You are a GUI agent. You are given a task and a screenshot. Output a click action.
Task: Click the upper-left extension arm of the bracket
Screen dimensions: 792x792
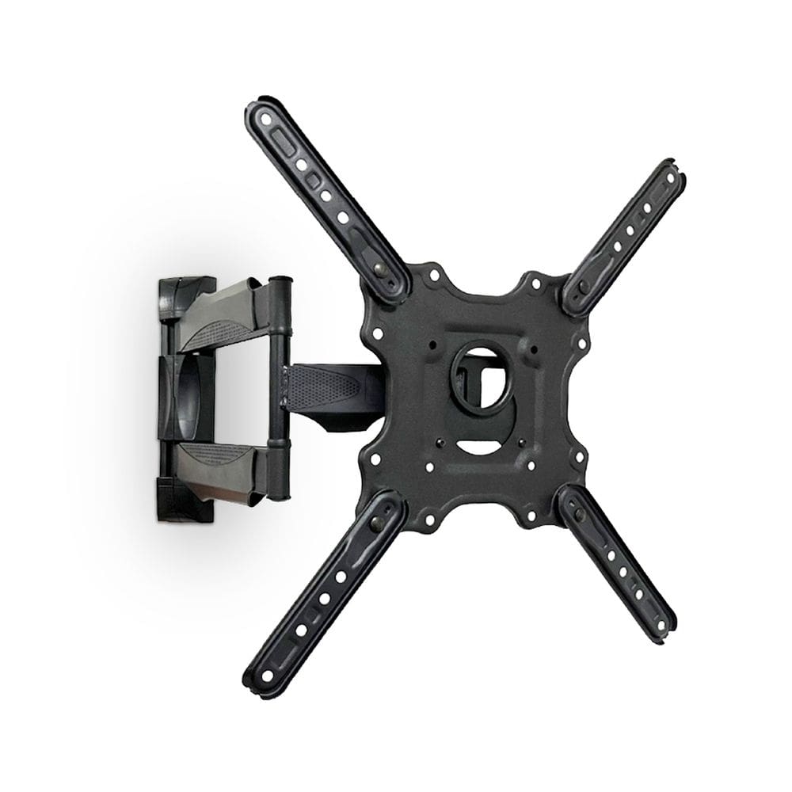(325, 198)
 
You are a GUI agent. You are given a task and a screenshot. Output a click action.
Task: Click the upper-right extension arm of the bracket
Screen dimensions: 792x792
(626, 234)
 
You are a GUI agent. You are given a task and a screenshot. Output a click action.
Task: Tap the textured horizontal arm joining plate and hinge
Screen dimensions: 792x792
(325, 388)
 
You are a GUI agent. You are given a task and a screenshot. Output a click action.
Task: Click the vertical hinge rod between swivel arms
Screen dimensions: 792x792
(277, 388)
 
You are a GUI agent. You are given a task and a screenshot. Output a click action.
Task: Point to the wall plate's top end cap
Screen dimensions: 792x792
(186, 289)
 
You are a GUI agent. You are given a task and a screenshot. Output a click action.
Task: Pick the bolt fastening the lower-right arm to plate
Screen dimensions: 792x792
(581, 512)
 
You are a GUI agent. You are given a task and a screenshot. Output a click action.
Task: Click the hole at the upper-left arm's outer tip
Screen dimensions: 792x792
(266, 118)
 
